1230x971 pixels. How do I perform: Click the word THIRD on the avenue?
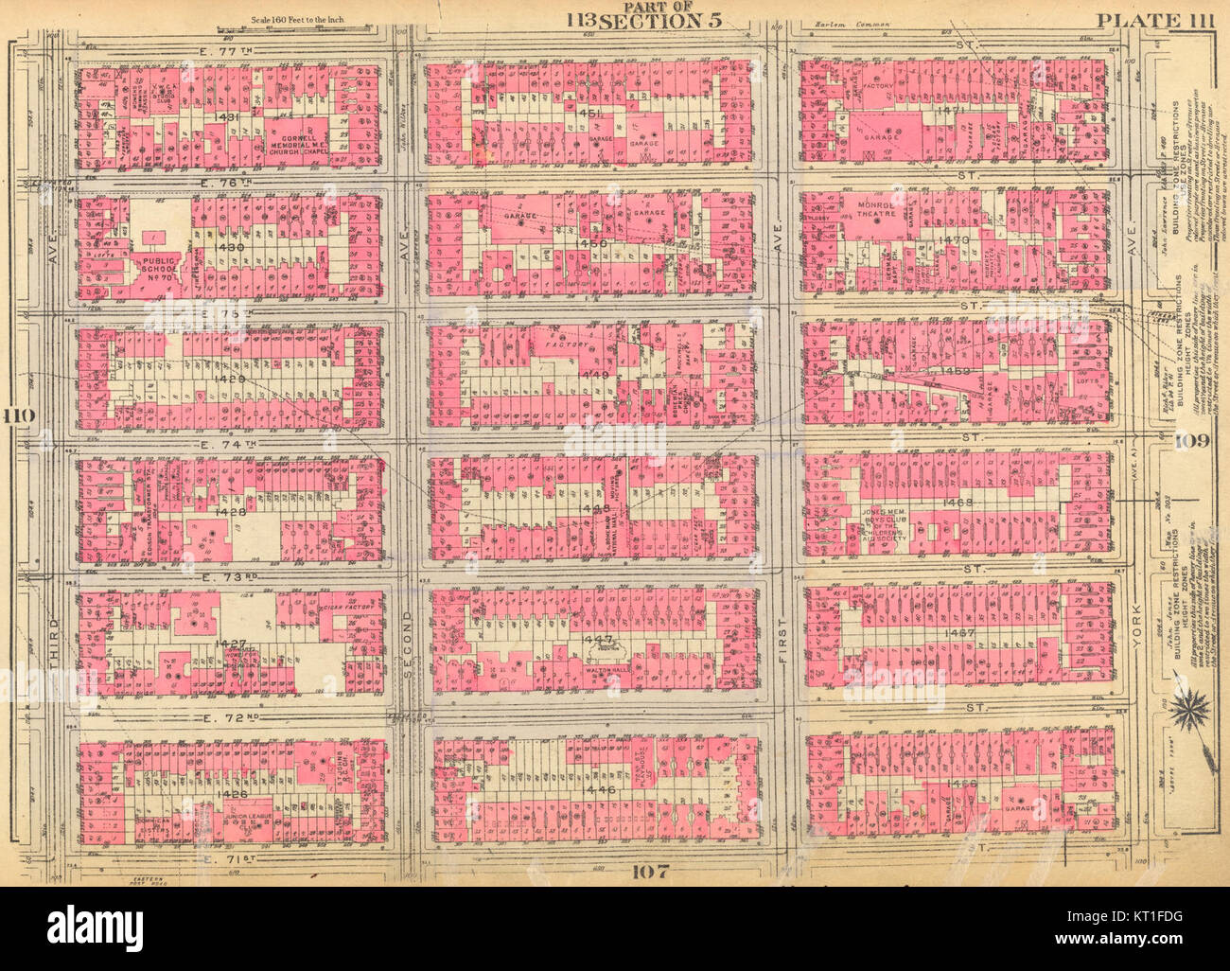(54, 644)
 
